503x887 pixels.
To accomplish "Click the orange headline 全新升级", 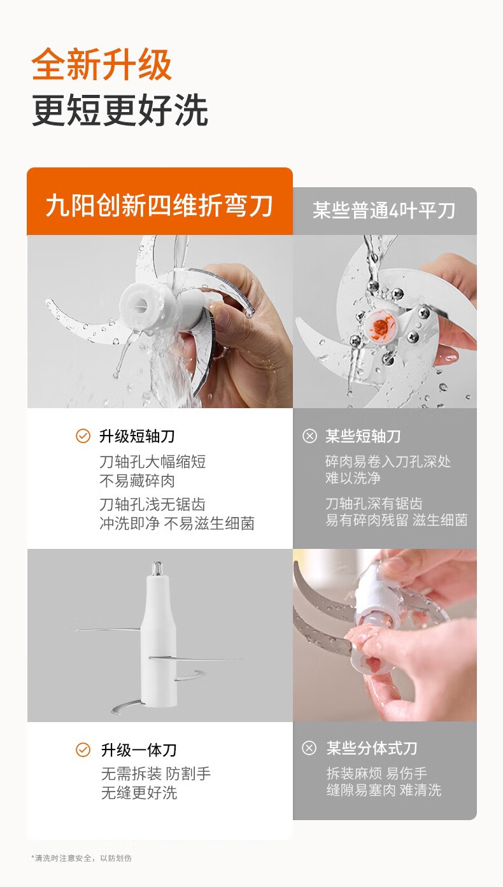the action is click(x=102, y=64).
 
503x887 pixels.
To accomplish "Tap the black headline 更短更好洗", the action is click(x=120, y=110).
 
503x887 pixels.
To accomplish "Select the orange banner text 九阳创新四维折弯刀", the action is click(x=159, y=206).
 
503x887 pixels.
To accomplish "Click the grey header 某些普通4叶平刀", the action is click(x=384, y=210).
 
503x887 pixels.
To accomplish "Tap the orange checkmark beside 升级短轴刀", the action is click(x=83, y=436).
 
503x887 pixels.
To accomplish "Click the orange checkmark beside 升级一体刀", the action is click(x=83, y=749).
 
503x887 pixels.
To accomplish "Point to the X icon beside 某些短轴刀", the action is click(x=309, y=436).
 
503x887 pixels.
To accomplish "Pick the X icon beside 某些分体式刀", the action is click(x=309, y=748).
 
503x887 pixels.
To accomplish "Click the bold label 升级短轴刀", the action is click(x=137, y=436).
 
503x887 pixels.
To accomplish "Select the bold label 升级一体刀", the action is click(x=139, y=750).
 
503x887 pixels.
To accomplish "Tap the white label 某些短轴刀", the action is click(x=363, y=436).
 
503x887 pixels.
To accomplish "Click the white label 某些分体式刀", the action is click(x=372, y=748).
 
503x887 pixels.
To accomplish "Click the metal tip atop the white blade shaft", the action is click(x=157, y=568).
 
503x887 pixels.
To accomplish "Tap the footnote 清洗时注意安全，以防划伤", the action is click(x=81, y=858).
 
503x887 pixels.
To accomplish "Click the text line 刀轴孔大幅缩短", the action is click(x=152, y=462).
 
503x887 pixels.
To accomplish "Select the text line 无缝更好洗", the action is click(x=139, y=793).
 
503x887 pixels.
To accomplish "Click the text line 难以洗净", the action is click(x=353, y=478).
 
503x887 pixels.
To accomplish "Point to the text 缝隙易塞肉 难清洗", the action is click(x=384, y=790).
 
